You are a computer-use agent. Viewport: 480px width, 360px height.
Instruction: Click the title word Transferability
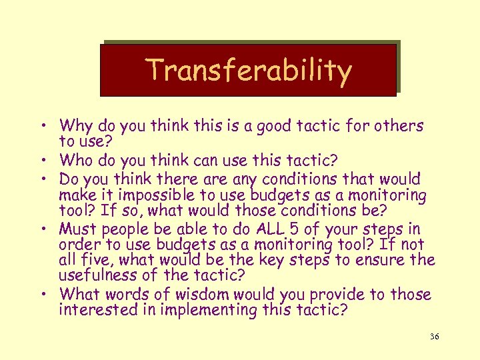[248, 70]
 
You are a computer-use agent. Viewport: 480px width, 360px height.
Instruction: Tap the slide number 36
[434, 337]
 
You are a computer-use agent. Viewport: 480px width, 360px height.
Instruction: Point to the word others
[399, 125]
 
